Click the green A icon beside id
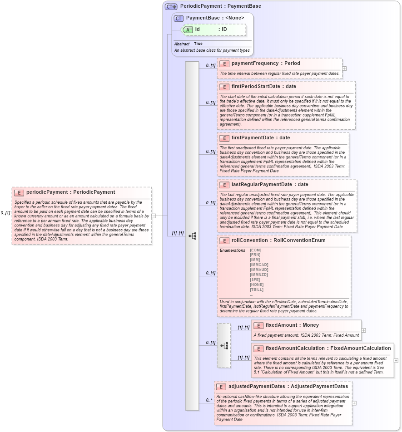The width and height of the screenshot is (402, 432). click(x=188, y=29)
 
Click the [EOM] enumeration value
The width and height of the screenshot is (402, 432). click(x=256, y=250)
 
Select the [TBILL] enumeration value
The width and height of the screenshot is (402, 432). click(x=257, y=290)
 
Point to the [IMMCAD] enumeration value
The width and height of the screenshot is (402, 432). click(x=259, y=265)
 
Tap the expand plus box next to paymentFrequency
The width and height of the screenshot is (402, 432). click(x=344, y=69)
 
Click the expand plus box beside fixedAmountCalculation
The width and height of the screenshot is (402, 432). click(x=396, y=360)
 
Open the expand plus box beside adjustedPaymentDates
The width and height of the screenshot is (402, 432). click(x=354, y=403)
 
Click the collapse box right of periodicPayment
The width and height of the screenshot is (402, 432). click(x=154, y=216)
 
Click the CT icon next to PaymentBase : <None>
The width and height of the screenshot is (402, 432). click(x=179, y=18)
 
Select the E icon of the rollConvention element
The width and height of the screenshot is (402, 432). click(x=224, y=241)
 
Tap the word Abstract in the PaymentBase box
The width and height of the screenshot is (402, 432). click(x=182, y=44)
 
